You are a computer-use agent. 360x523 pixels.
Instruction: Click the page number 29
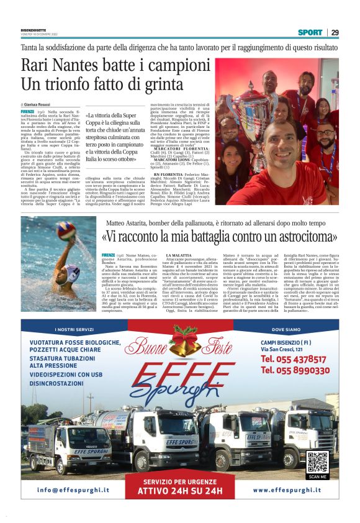334,32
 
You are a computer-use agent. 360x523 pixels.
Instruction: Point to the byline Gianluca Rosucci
36,104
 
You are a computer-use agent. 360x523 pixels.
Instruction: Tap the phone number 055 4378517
294,359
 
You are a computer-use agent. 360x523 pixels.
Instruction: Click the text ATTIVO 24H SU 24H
180,491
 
